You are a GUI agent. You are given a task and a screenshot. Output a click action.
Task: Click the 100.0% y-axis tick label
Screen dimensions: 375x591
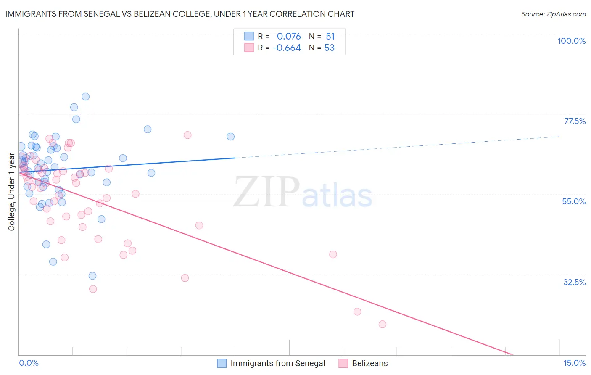tap(571, 41)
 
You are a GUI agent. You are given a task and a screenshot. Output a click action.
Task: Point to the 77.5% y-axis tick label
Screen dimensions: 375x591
tap(575, 121)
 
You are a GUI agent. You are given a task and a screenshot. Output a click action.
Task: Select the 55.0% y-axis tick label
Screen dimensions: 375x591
tap(574, 201)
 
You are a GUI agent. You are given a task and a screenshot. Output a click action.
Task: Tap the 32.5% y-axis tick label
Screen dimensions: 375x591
tap(574, 282)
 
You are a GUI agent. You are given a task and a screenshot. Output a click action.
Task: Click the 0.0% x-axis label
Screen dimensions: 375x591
tap(29, 363)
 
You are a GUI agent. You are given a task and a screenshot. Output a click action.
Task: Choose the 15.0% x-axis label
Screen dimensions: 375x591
tap(574, 363)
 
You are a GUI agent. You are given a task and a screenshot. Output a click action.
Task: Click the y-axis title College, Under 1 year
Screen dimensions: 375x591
tap(12, 192)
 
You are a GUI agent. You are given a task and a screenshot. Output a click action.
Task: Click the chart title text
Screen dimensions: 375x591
tap(180, 14)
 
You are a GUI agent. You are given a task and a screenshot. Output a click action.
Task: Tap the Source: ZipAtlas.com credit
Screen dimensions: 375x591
tap(553, 14)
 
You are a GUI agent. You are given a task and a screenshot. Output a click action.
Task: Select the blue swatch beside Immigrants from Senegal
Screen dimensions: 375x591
tap(222, 363)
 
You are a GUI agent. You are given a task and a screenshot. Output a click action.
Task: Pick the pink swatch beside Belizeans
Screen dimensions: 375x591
tap(343, 363)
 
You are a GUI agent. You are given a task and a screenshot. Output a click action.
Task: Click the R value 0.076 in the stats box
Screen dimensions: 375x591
tap(289, 37)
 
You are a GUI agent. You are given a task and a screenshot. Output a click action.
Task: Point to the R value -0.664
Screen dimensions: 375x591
tap(286, 48)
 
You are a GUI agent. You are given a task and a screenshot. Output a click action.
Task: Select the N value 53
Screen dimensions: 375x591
tap(329, 48)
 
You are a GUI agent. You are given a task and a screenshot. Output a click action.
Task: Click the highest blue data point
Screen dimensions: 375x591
tap(85, 97)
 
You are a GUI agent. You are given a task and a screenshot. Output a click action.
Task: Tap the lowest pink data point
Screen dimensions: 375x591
tap(382, 324)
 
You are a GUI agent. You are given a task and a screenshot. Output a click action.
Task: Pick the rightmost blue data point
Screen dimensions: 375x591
tap(230, 137)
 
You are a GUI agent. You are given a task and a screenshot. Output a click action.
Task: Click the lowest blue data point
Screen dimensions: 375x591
tap(92, 276)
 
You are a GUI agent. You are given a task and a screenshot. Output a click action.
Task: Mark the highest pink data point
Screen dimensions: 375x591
tap(187, 135)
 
